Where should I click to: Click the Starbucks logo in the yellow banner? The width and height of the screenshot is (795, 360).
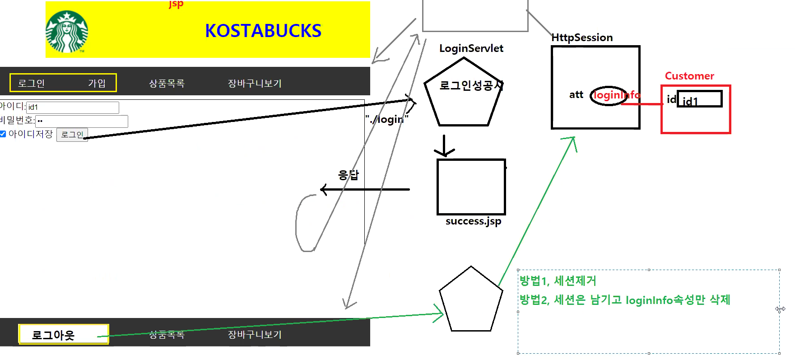[x=67, y=32]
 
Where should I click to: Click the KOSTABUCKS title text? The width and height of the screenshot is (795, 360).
[x=263, y=31]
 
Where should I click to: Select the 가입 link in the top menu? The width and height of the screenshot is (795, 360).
[x=97, y=83]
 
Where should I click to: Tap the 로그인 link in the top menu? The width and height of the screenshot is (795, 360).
[x=31, y=83]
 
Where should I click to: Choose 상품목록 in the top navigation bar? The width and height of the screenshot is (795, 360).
[x=167, y=83]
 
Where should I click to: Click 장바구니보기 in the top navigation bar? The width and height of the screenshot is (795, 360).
[x=255, y=83]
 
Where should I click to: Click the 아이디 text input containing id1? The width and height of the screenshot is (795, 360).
[x=72, y=108]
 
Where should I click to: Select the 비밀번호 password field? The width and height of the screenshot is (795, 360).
[x=81, y=121]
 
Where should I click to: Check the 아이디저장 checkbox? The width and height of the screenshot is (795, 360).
[x=3, y=134]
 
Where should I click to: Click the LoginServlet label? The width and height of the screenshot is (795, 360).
[x=471, y=48]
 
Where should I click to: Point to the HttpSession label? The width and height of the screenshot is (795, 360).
[x=582, y=37]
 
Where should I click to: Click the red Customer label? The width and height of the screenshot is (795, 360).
[x=689, y=76]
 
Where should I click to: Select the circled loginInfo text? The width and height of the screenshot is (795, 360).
[x=616, y=95]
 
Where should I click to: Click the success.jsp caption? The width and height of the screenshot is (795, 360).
[x=473, y=221]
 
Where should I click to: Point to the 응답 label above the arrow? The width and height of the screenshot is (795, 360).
[x=348, y=175]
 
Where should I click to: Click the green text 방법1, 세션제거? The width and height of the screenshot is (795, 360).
[x=558, y=281]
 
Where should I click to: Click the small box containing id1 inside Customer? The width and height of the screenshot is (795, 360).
[x=699, y=99]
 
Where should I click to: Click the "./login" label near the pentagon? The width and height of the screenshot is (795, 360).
[x=387, y=119]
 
